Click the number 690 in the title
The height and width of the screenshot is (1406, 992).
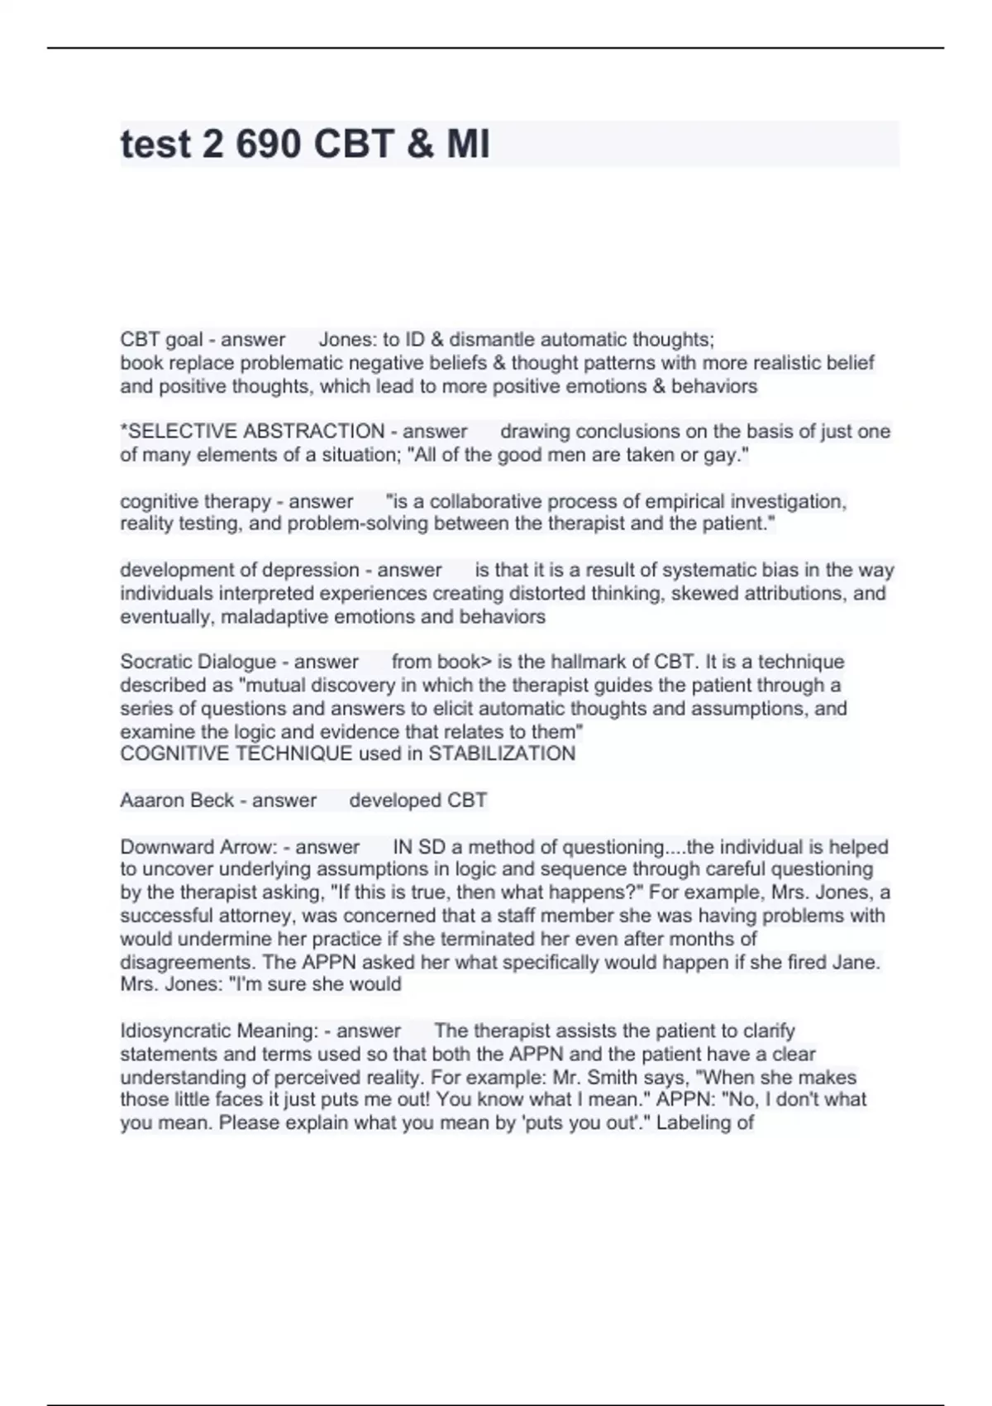268,144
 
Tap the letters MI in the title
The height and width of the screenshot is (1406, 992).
468,144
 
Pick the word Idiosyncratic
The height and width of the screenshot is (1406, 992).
175,1031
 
